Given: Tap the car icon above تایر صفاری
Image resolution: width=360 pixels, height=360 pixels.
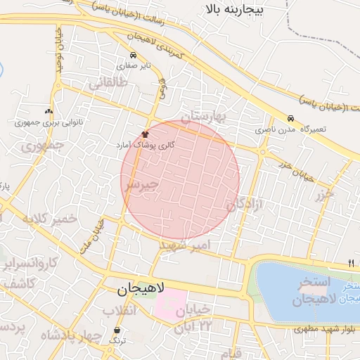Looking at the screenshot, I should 132,56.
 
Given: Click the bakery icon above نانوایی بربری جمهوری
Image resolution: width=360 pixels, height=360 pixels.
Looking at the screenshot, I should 49,111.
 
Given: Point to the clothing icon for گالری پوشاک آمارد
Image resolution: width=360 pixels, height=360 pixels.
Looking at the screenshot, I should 146,133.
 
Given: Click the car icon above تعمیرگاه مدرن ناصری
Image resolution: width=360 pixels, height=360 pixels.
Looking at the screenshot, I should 290,118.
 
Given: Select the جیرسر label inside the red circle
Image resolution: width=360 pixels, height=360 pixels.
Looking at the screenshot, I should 141,184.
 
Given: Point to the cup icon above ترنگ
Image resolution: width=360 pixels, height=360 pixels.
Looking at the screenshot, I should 117,330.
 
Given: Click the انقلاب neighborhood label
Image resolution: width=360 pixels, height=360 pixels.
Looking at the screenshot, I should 122,310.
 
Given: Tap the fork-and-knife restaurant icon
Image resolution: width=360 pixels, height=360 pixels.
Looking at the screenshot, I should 351,263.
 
